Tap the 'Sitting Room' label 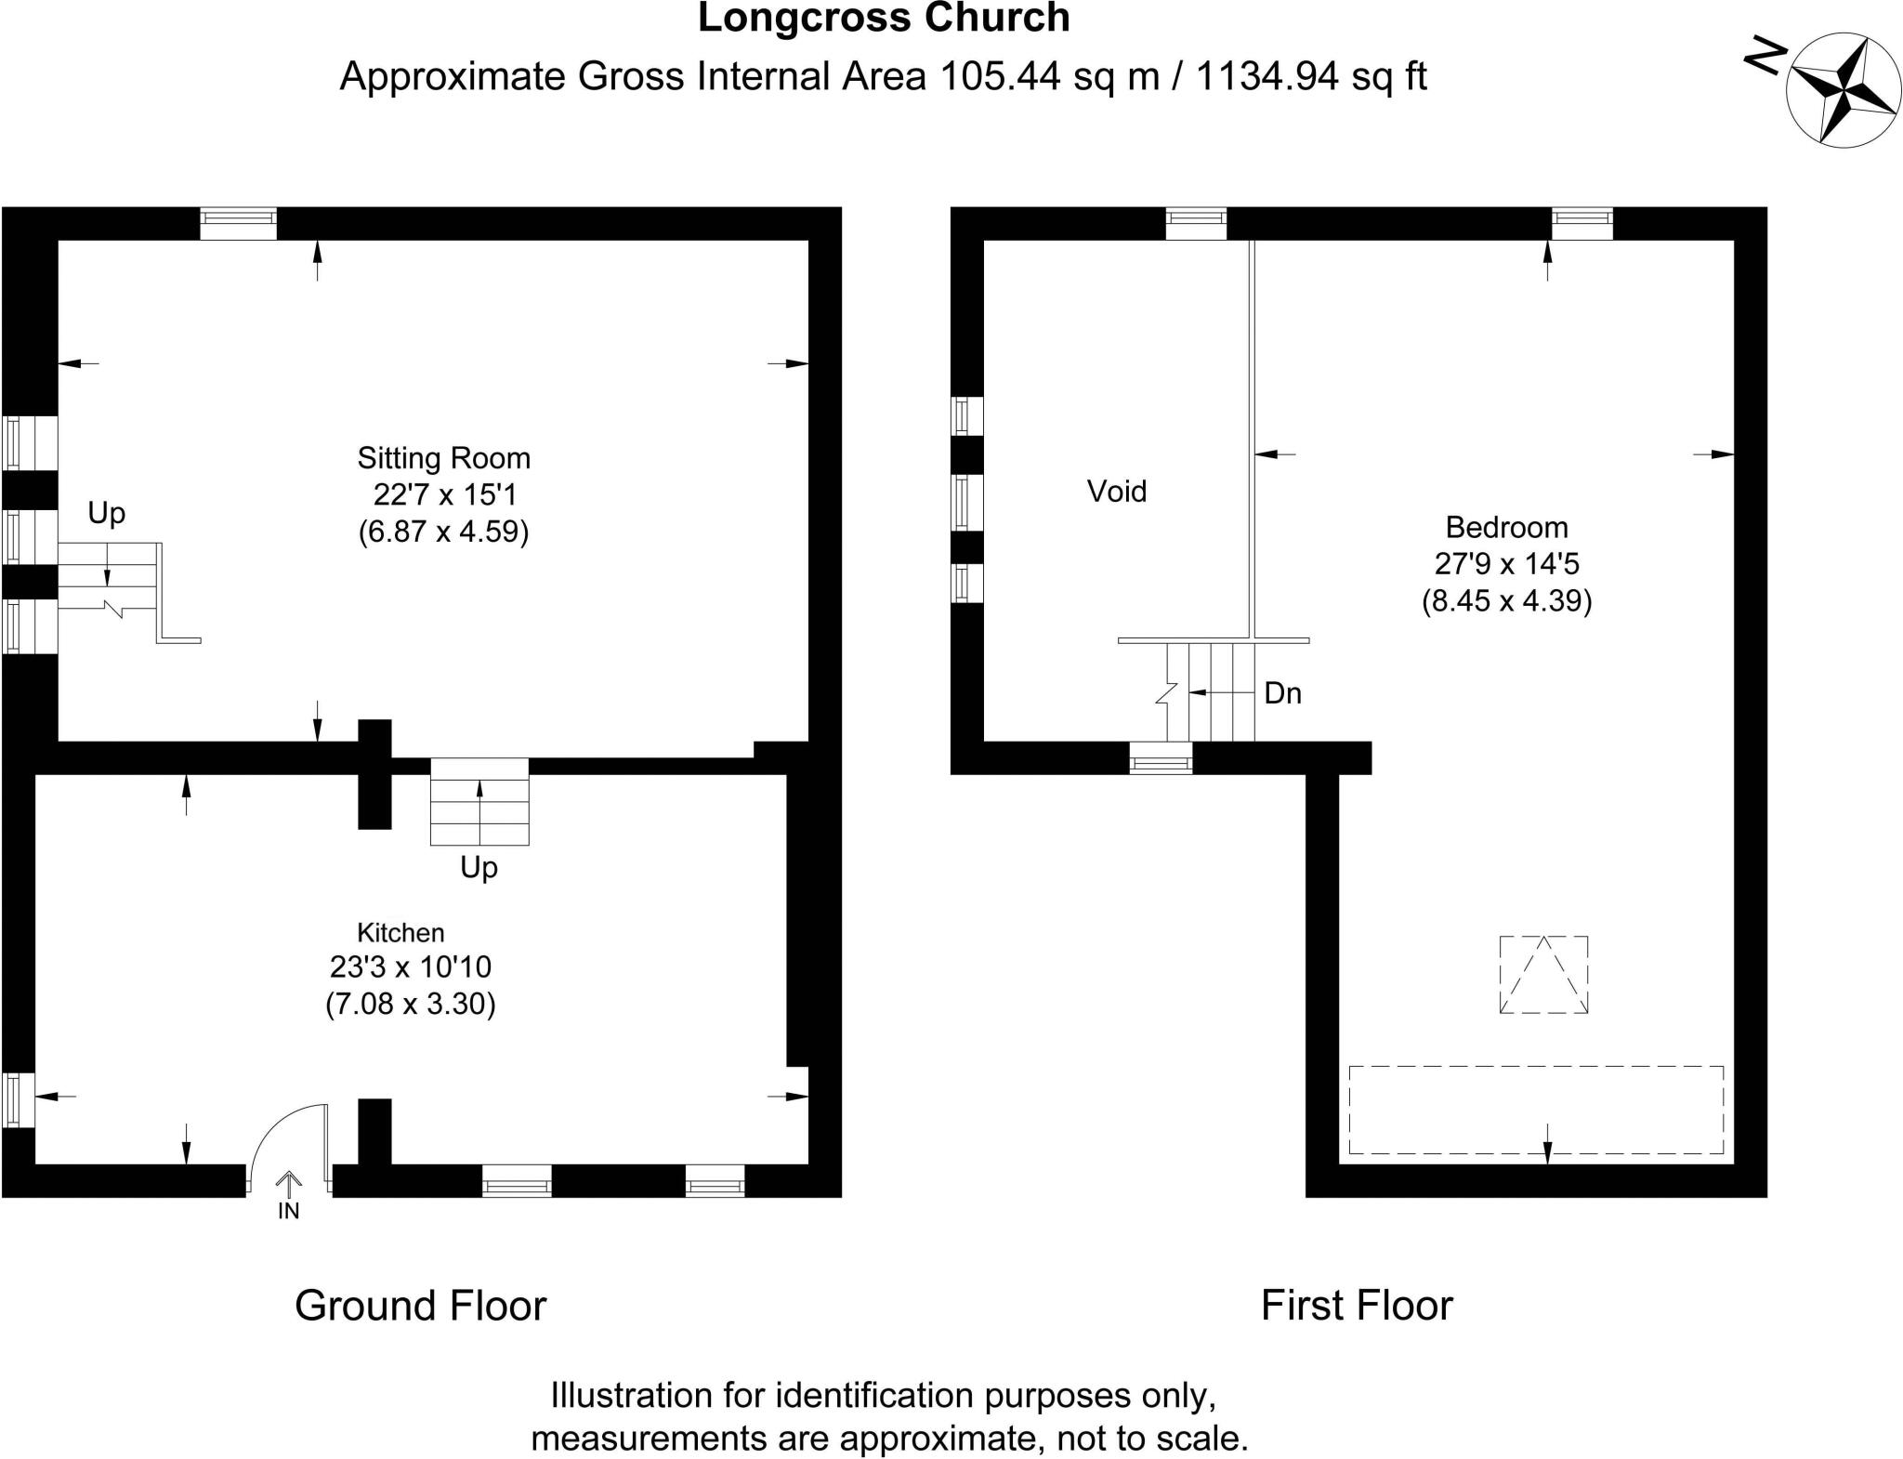[443, 458]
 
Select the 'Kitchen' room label [400, 932]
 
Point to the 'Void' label [1117, 491]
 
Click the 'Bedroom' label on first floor [1506, 528]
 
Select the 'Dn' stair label [1282, 693]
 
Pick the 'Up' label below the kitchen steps [479, 867]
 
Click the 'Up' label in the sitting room [106, 513]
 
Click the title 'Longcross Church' [884, 19]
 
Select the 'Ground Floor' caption [420, 1306]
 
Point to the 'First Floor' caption [1356, 1306]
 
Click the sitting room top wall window [239, 223]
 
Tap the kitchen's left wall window [18, 1100]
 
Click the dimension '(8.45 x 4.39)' [1506, 601]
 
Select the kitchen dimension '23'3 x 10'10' [410, 967]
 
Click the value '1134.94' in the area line [1266, 76]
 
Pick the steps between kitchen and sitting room [479, 801]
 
